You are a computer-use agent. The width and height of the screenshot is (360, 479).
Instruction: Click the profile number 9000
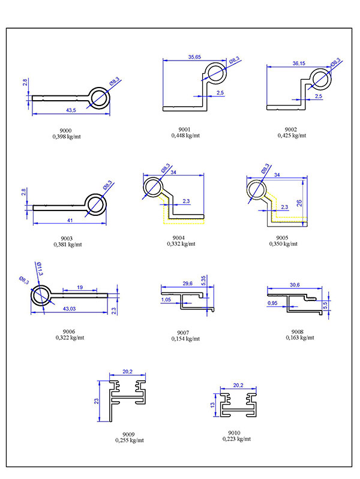coord(66,130)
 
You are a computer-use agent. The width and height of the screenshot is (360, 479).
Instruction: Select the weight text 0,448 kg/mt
coord(185,135)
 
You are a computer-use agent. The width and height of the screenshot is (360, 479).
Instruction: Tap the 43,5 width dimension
coord(71,110)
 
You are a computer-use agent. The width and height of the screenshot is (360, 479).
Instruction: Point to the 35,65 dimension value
coord(194,57)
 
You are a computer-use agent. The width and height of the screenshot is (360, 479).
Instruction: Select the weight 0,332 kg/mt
coord(182,244)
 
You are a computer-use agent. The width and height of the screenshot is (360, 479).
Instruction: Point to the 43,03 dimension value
coord(70,308)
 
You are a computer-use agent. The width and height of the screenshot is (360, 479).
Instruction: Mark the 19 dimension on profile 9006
coord(80,288)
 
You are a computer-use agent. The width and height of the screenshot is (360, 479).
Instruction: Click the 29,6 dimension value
coord(187,284)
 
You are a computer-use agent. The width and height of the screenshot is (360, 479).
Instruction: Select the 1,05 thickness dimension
coord(166,299)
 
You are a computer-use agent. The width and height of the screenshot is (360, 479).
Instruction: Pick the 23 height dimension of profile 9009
coord(97,402)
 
